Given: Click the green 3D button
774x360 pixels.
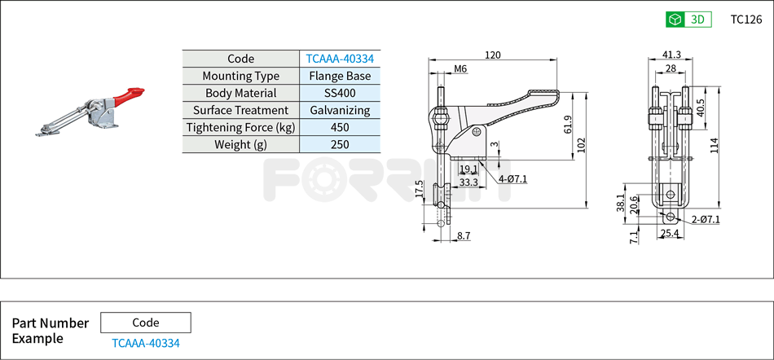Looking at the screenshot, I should click(688, 20).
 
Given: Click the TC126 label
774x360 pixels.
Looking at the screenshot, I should click(745, 20).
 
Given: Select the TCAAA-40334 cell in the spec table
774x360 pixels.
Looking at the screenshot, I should click(340, 59).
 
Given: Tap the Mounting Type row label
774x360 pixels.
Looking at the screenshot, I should click(240, 76).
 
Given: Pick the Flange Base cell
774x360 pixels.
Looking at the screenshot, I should click(340, 76).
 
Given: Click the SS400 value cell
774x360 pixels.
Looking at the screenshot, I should click(340, 93).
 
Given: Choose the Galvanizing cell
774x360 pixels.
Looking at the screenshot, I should click(340, 110).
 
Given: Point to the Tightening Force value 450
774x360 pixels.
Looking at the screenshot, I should click(340, 127).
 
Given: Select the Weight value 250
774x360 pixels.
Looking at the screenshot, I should click(340, 144).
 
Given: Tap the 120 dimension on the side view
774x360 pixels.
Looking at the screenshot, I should click(492, 55).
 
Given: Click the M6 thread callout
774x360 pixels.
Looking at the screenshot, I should click(460, 69).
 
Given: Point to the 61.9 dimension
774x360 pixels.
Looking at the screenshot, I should click(567, 124).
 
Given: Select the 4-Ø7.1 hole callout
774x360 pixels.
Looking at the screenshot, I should click(512, 178).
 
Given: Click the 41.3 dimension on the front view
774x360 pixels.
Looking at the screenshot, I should click(671, 55).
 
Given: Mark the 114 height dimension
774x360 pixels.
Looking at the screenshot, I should click(714, 145).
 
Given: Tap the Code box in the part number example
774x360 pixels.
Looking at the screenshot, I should click(146, 323).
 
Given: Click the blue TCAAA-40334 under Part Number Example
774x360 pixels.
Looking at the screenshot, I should click(146, 343).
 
